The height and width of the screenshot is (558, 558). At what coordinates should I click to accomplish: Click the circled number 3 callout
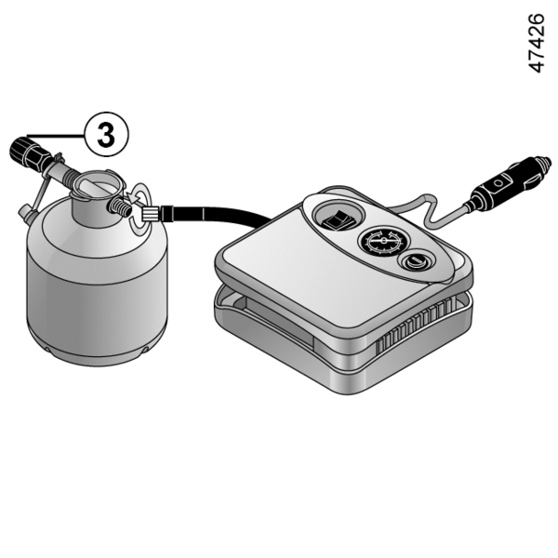point(106,135)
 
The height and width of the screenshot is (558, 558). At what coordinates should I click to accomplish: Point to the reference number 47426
point(536,43)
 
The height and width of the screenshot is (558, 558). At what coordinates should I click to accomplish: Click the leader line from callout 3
point(56,136)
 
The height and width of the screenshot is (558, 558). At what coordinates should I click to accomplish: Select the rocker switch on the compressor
point(338,219)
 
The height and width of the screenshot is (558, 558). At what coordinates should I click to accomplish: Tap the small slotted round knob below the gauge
point(415,262)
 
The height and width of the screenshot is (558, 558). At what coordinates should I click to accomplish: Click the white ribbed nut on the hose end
point(150,215)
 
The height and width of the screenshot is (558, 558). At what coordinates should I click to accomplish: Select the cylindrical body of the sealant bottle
point(97,285)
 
